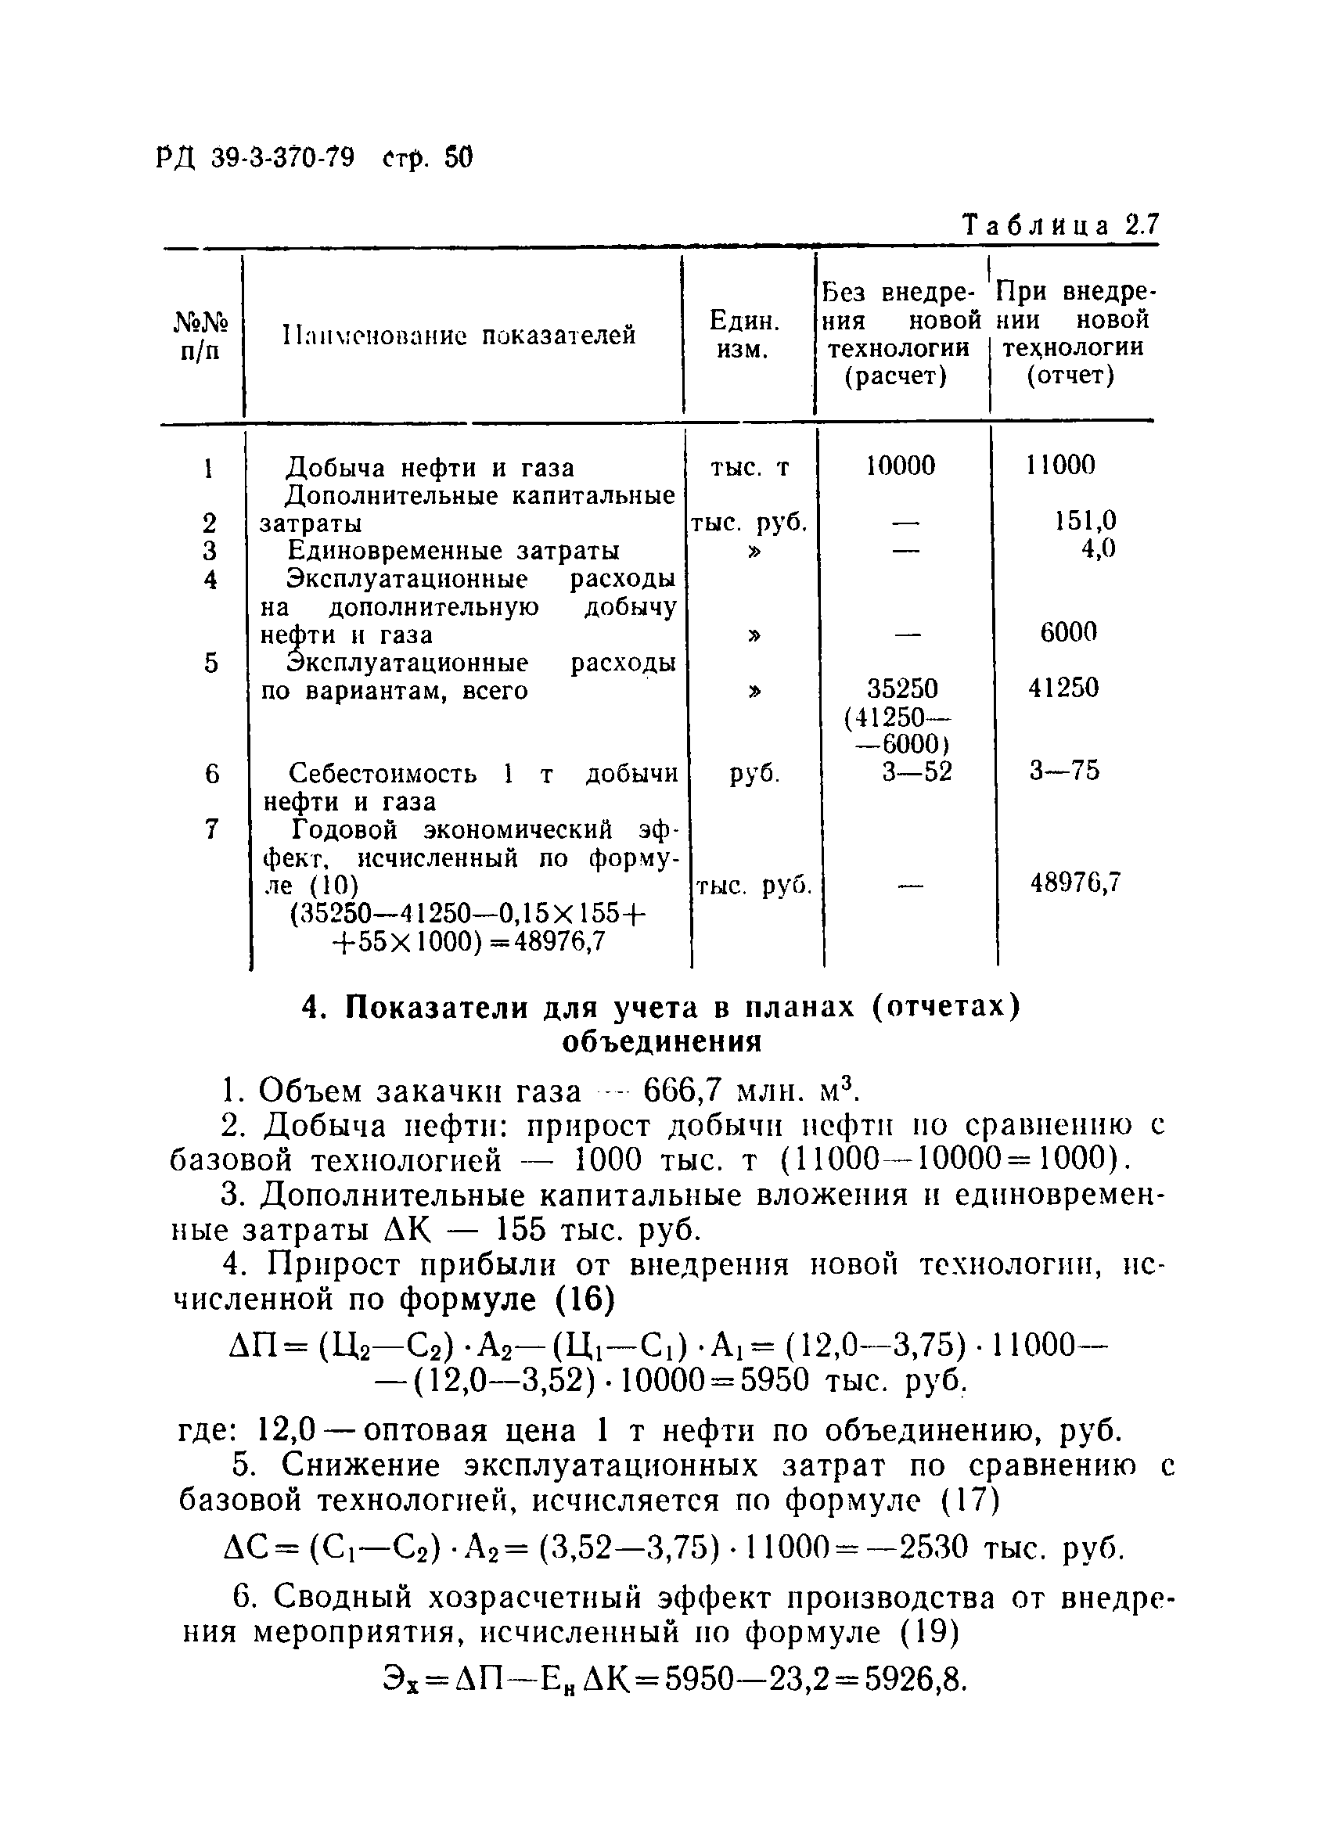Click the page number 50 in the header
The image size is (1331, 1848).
click(x=459, y=156)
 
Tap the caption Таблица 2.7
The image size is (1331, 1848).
click(x=1059, y=225)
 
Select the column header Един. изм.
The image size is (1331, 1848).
click(x=744, y=335)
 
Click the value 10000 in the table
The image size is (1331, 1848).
click(x=901, y=466)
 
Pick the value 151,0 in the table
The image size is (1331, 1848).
click(x=1085, y=520)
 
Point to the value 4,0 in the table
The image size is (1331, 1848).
click(x=1097, y=548)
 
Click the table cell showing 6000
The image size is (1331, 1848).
click(x=1068, y=631)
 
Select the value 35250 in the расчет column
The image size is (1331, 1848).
click(x=902, y=689)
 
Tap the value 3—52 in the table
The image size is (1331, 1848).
click(x=917, y=771)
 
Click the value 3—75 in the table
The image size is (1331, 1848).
click(x=1063, y=770)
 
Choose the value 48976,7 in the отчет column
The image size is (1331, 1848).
click(x=1076, y=882)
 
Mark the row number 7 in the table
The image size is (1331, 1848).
click(x=212, y=829)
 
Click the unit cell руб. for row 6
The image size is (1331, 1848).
click(x=754, y=772)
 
